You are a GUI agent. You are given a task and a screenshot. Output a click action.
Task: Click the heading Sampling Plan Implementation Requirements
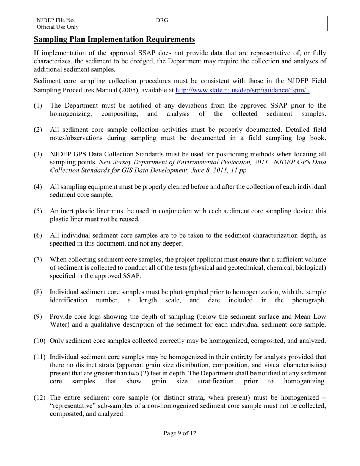point(114,39)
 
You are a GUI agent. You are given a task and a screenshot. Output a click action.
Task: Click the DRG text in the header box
point(162,20)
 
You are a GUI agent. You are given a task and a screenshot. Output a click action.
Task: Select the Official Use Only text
point(58,27)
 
